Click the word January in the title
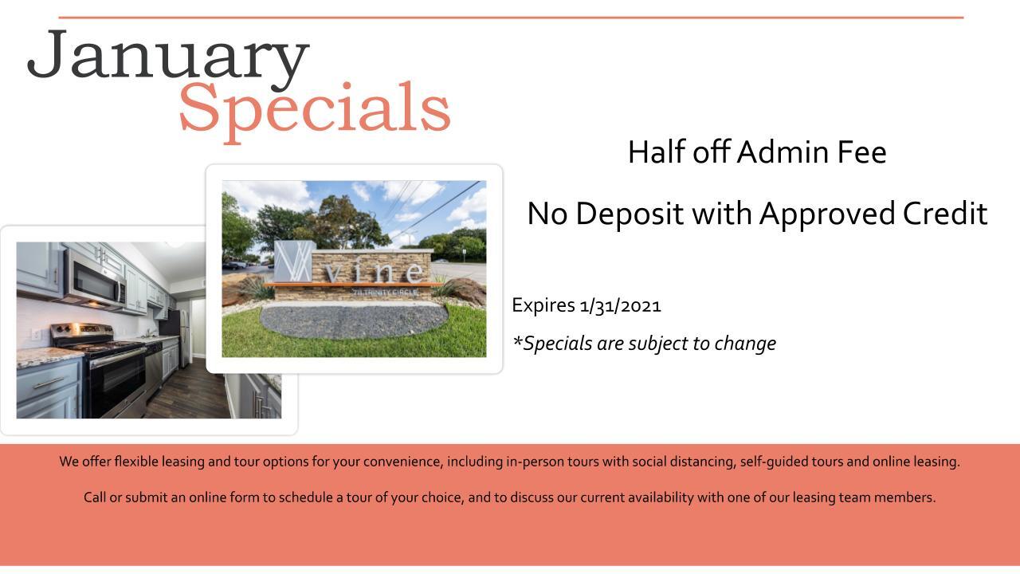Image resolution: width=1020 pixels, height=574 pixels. point(168,59)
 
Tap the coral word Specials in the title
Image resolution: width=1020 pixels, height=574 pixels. point(315,112)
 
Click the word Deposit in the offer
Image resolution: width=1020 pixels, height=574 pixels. point(630,214)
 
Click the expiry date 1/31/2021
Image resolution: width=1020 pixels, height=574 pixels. point(620,305)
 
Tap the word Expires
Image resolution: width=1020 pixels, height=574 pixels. point(543,305)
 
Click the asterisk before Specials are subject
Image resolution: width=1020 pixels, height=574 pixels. point(517,340)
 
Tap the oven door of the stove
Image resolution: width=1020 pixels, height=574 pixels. point(117,383)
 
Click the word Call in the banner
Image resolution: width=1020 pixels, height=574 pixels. point(94,497)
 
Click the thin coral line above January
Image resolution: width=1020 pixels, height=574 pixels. point(511,18)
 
